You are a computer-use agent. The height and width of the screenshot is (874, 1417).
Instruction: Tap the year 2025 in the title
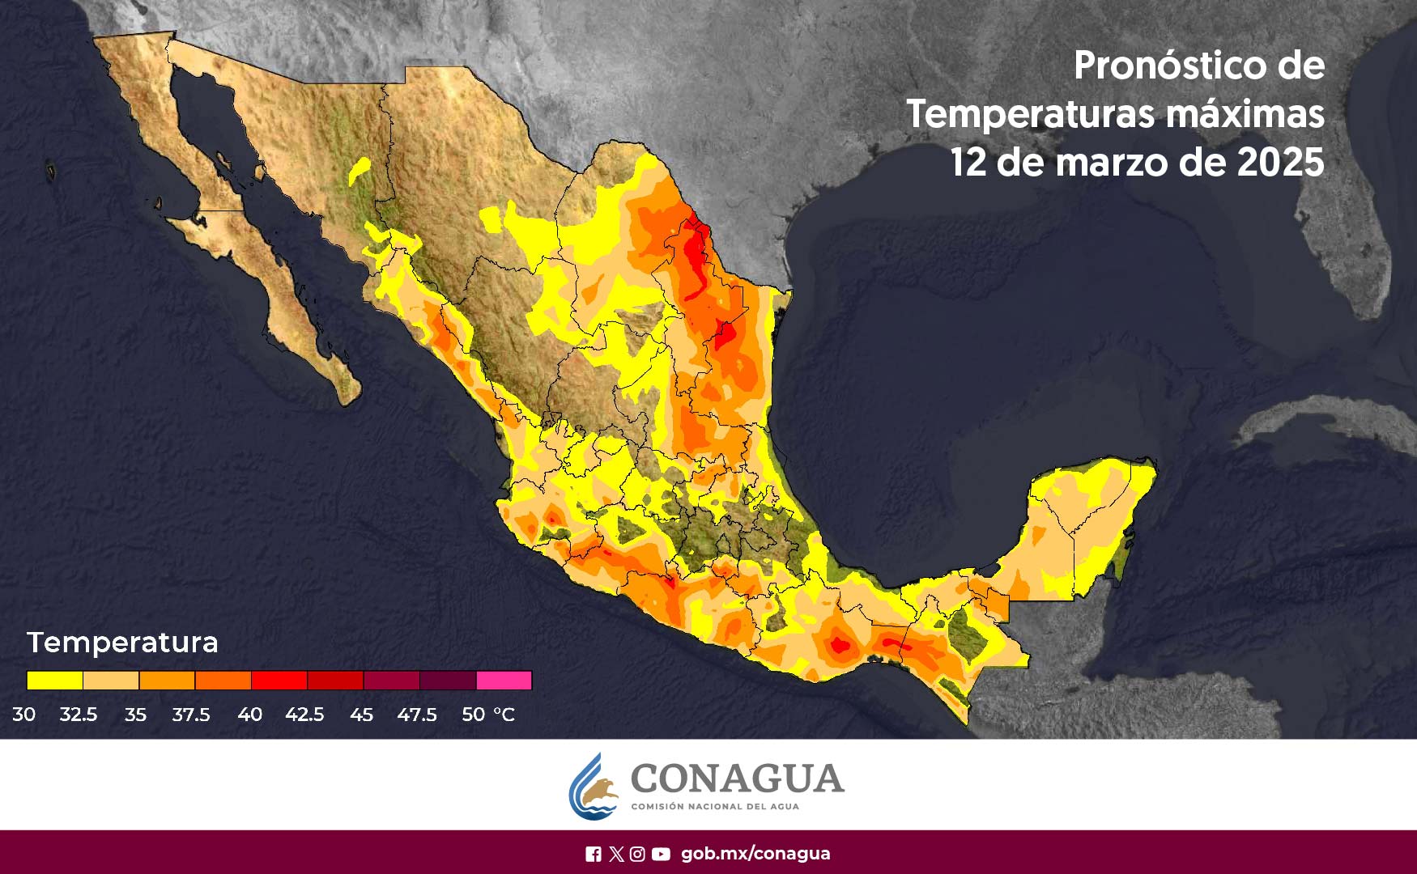(x=1280, y=163)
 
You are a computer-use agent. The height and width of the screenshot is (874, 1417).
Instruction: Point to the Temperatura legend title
(x=122, y=643)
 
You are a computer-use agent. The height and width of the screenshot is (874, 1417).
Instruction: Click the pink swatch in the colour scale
(x=504, y=680)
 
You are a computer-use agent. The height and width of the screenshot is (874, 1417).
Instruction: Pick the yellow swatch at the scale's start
(x=54, y=680)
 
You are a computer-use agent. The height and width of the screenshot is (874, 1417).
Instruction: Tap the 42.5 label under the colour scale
(x=304, y=715)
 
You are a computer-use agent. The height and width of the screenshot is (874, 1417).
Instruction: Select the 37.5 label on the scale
(x=191, y=715)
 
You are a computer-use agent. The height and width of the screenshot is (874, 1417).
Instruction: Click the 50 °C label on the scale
(x=487, y=715)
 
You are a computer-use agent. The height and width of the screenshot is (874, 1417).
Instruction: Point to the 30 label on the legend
(x=23, y=715)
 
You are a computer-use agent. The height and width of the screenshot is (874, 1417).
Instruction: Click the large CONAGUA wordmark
(x=736, y=779)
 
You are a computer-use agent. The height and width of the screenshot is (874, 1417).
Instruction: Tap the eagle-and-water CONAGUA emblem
(x=594, y=787)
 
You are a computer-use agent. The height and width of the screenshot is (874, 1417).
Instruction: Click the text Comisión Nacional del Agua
(x=714, y=807)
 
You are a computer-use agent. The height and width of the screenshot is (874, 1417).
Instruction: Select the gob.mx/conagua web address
(x=755, y=854)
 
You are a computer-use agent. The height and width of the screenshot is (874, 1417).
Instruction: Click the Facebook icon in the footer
(x=594, y=854)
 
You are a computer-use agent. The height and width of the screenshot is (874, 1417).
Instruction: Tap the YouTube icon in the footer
(x=661, y=854)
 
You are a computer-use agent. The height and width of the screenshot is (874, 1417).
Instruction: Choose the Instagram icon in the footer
(x=637, y=854)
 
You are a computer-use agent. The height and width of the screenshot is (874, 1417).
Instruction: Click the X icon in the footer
(x=616, y=854)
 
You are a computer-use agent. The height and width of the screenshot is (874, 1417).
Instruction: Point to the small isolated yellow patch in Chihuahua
(x=360, y=170)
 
